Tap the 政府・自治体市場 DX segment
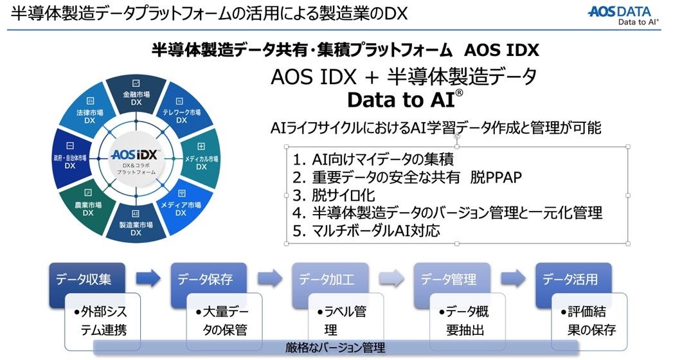click(x=69, y=161)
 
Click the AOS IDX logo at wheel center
click(x=136, y=156)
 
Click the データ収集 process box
click(x=84, y=280)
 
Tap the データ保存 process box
click(x=205, y=280)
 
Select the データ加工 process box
click(x=326, y=280)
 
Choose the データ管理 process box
click(x=448, y=280)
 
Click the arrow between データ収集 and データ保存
click(x=148, y=279)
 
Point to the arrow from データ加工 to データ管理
click(x=391, y=279)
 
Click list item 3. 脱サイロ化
click(x=334, y=195)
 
